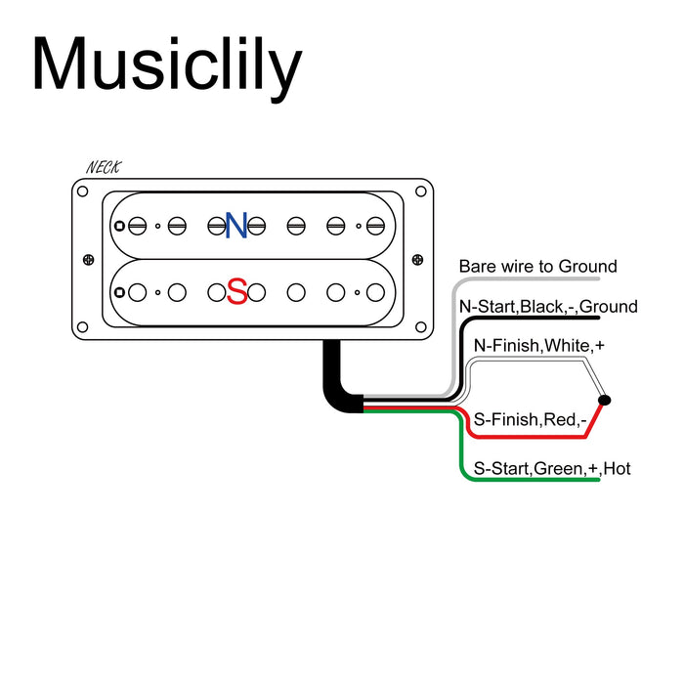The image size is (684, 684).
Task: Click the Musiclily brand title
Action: pos(166,66)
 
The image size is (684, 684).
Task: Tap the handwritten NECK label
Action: pos(104,168)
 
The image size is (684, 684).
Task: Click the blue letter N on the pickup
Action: pos(235,226)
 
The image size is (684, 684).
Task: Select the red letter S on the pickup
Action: pos(235,291)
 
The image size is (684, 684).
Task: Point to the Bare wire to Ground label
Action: pos(538,267)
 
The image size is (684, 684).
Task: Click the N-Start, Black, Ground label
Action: pos(548,307)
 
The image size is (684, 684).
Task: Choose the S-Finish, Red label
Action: pos(529,419)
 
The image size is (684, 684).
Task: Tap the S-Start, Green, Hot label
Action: pos(552,469)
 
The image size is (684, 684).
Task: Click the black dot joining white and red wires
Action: pos(604,401)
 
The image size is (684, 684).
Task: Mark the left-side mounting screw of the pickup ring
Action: pos(89,259)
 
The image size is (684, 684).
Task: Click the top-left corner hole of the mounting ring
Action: pos(82,191)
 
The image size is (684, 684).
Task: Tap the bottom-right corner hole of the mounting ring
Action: pos(425,327)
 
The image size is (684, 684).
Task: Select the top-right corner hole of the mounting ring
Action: pos(425,191)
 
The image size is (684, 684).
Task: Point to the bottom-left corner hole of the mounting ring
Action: pos(82,327)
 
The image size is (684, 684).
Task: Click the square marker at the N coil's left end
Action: pos(119,226)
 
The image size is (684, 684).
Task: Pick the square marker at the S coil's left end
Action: pos(119,291)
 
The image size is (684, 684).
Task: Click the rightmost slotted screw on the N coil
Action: pos(375,226)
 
